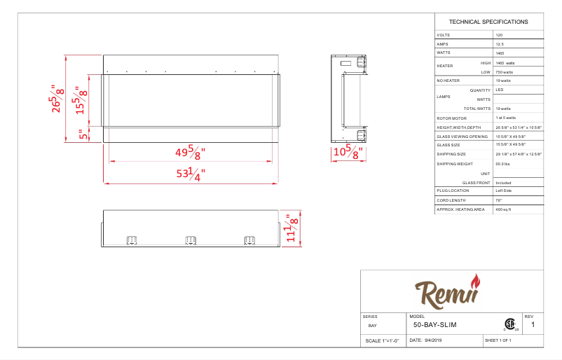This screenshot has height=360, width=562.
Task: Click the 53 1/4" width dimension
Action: (191, 174)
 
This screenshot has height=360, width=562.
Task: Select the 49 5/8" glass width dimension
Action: (191, 152)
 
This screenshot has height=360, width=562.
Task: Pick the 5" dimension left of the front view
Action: (83, 134)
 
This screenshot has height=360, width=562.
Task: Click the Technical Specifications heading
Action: (488, 22)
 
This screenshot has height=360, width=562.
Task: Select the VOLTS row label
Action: (444, 35)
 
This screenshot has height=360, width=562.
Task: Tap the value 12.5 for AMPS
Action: (500, 44)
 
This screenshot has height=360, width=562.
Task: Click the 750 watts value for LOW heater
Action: (504, 72)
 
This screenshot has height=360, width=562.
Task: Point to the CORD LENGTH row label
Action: (450, 200)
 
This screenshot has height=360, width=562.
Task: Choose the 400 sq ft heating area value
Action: (505, 209)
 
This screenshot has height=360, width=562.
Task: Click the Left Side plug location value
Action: (504, 191)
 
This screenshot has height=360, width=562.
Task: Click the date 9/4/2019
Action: (435, 340)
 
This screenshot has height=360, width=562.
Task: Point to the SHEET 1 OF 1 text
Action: (498, 340)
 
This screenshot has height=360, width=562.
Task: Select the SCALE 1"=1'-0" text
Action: (382, 341)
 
